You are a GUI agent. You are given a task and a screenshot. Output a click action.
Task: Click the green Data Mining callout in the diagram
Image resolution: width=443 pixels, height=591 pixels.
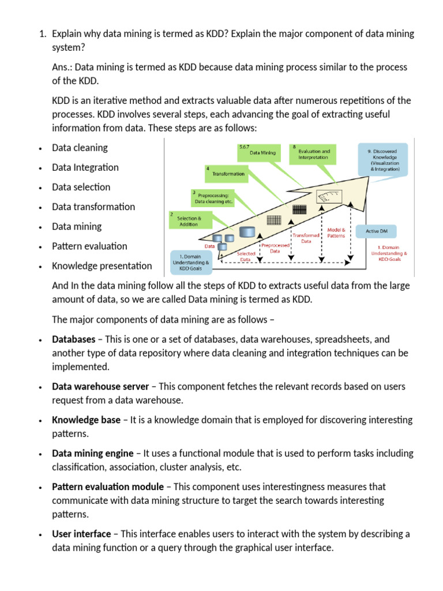(260, 152)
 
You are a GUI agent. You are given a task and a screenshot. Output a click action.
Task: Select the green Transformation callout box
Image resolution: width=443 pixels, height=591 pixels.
(227, 173)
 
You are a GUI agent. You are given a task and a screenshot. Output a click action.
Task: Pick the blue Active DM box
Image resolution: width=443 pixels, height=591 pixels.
(381, 231)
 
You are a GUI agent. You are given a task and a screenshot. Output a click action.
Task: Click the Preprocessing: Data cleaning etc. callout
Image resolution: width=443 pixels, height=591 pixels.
(212, 198)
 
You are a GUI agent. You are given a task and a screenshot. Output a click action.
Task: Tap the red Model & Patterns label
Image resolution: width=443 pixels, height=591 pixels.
(336, 233)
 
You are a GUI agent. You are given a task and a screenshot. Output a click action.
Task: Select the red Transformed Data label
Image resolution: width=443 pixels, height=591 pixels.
(305, 238)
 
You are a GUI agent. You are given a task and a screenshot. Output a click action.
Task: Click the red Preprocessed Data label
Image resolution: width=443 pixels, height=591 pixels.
(275, 248)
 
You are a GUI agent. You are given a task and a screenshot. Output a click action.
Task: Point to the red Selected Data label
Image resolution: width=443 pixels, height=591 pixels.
(246, 256)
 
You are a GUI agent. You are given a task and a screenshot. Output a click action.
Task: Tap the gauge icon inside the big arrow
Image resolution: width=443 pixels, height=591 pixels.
(329, 197)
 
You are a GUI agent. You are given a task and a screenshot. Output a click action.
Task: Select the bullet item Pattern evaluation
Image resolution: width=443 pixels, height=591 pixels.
(89, 246)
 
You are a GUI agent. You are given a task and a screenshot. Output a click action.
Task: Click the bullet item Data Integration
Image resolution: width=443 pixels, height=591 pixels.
(85, 167)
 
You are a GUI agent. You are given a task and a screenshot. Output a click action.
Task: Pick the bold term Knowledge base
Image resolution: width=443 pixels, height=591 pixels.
(86, 420)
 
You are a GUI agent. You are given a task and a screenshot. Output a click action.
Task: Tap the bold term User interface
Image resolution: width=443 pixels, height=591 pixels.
(81, 534)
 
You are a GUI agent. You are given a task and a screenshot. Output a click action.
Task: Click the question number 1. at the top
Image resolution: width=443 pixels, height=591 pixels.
(42, 33)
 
